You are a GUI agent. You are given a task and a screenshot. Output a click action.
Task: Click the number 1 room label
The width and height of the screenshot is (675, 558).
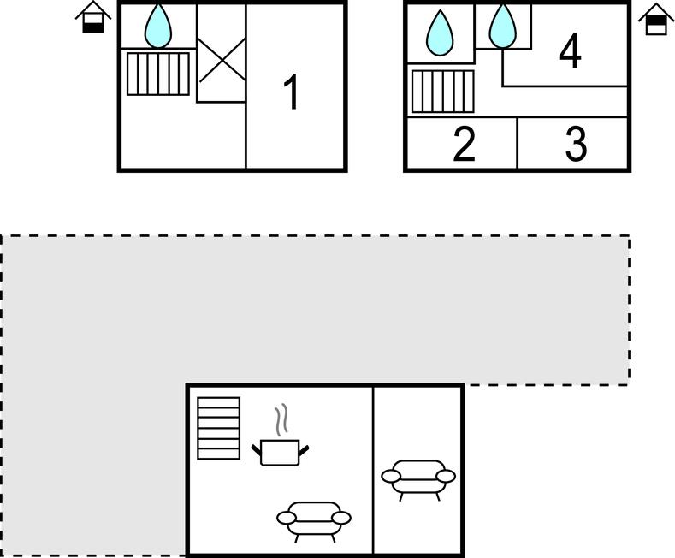(x=292, y=92)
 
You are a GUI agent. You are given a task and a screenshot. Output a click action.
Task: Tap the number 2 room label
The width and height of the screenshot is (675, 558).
(x=464, y=145)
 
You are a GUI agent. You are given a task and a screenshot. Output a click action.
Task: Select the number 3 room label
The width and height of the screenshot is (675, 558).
(x=576, y=145)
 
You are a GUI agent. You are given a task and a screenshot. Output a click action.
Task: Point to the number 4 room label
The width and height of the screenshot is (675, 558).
(x=571, y=51)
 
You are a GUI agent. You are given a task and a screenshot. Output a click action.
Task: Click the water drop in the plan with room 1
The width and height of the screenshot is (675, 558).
(x=158, y=26)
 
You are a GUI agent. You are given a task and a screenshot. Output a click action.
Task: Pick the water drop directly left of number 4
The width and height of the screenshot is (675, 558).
(x=502, y=26)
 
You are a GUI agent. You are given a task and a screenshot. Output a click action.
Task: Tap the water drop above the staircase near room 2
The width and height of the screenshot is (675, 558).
(x=440, y=33)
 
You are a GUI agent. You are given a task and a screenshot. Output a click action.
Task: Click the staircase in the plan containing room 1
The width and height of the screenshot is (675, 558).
(x=158, y=74)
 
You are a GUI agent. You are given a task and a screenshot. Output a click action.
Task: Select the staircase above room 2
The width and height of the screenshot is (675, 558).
(x=443, y=92)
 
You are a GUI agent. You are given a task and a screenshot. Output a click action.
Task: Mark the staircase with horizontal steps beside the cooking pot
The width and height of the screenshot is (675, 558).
(x=219, y=428)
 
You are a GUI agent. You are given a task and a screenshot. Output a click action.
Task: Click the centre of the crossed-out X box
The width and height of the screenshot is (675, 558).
(x=222, y=60)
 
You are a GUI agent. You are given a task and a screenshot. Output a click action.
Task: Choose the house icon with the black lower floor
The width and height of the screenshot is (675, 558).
(x=93, y=17)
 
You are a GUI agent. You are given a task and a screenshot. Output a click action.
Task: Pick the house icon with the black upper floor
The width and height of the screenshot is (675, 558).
(x=656, y=19)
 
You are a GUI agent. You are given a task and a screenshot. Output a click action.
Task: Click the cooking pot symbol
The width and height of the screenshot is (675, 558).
(x=281, y=452)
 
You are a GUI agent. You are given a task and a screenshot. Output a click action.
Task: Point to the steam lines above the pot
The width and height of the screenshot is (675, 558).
(x=281, y=418)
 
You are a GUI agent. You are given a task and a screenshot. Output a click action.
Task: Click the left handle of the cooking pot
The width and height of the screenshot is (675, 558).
(x=257, y=450)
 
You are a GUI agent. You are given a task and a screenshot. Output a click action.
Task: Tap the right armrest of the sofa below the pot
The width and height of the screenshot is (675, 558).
(x=342, y=518)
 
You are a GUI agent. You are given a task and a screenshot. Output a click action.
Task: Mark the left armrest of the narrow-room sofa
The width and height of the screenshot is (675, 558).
(x=391, y=476)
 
